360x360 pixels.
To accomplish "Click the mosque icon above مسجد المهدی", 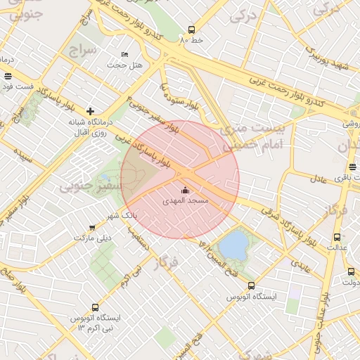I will [x=185, y=190].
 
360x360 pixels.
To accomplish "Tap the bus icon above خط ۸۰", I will [x=191, y=30].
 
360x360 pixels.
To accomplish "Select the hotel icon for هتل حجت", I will [x=125, y=54].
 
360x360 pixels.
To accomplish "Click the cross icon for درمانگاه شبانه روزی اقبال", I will [x=90, y=111].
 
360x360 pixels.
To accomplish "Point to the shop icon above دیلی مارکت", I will [x=92, y=227].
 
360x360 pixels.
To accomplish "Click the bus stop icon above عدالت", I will [x=337, y=237].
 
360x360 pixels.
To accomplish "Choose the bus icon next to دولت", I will [x=351, y=271].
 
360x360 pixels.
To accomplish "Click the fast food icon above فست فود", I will [x=8, y=76].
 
